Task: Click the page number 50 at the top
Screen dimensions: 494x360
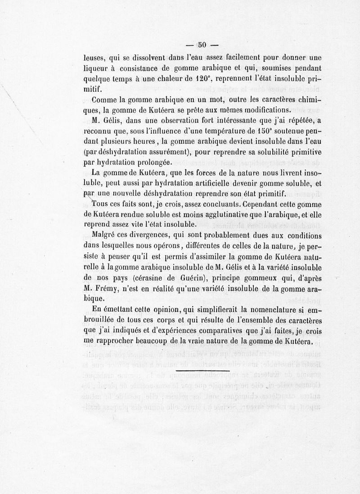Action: click(202, 44)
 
